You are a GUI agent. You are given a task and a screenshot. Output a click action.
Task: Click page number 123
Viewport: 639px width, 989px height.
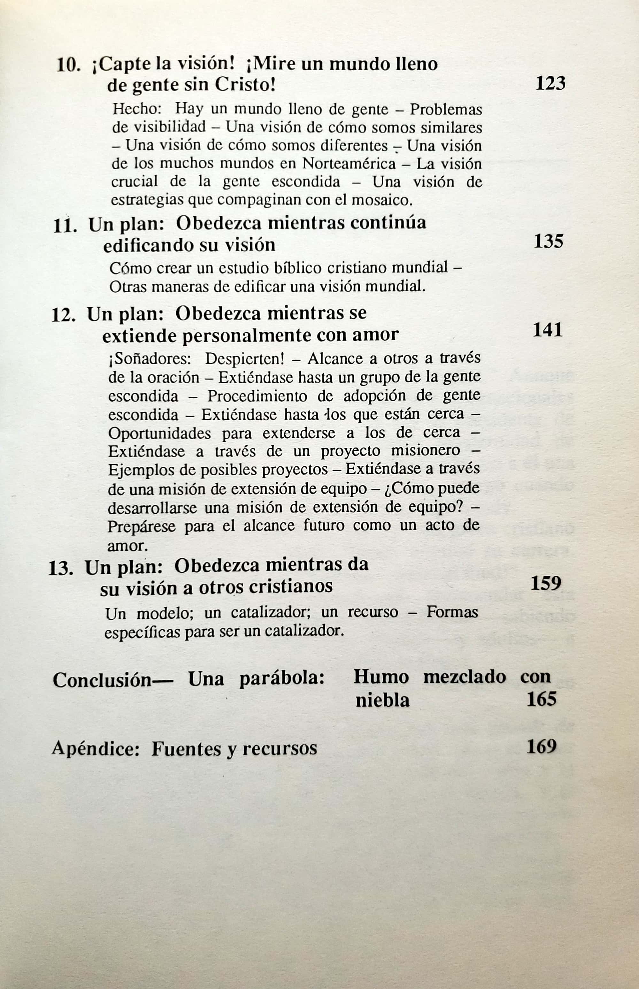(x=550, y=83)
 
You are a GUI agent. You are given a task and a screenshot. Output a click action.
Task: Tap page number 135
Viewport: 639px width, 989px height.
(x=548, y=241)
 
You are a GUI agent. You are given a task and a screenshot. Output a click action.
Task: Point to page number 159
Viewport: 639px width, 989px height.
(x=546, y=583)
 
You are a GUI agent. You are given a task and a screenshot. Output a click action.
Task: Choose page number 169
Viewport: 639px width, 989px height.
(x=541, y=747)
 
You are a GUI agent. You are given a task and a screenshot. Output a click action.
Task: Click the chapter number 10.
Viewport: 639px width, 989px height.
(x=68, y=65)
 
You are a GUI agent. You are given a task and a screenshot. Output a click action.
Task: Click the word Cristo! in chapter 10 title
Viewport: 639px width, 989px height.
(x=245, y=85)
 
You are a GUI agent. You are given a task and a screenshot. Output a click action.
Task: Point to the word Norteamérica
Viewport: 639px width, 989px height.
(x=349, y=164)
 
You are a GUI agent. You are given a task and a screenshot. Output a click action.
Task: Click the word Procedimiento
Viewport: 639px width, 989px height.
(x=258, y=396)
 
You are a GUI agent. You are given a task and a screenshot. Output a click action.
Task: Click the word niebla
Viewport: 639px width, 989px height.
(x=382, y=701)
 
